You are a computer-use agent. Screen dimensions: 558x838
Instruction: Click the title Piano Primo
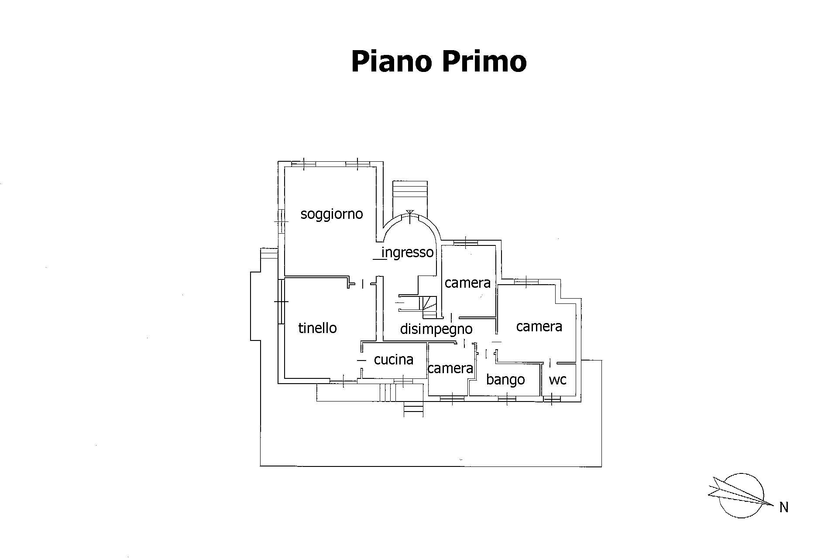[x=439, y=61]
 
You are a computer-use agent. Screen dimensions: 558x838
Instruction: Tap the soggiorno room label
[x=332, y=214]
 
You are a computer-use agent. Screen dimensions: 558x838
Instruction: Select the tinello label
[x=317, y=328]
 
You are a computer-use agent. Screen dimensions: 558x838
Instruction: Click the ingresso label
[x=408, y=252]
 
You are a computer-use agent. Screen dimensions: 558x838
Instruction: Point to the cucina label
[x=394, y=359]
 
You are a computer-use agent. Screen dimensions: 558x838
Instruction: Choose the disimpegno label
[x=436, y=329]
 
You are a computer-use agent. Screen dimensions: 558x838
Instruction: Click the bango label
[x=505, y=380]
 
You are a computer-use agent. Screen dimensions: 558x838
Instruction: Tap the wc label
[x=557, y=380]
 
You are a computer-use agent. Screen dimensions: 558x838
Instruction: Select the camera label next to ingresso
[x=467, y=283]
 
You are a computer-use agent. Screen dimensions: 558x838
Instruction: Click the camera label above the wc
[x=539, y=327]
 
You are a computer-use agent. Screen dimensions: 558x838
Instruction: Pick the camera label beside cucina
[x=450, y=368]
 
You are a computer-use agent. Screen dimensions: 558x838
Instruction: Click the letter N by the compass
[x=783, y=507]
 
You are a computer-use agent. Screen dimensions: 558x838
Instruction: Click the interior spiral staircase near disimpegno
[x=429, y=306]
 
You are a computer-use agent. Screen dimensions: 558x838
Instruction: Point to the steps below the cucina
[x=413, y=410]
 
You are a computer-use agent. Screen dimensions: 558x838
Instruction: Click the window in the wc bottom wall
[x=552, y=398]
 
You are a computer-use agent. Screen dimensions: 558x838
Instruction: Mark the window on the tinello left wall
[x=282, y=301]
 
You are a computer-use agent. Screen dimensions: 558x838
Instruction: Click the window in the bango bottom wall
[x=506, y=398]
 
